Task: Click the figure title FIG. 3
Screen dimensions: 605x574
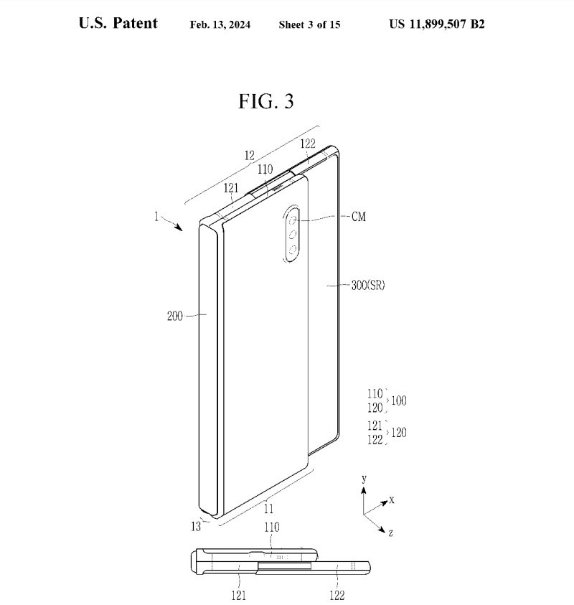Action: coord(265,101)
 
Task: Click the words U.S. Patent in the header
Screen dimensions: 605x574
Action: coord(118,23)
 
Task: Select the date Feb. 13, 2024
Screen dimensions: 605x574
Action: coord(220,24)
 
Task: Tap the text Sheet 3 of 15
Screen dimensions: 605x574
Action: coord(309,24)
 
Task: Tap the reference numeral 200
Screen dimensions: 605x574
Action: coord(175,315)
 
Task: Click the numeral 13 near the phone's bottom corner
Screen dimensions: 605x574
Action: coord(196,527)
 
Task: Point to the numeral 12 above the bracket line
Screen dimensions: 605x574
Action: coord(249,155)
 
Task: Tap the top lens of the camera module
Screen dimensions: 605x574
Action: coord(292,217)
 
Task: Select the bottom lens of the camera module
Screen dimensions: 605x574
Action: coord(292,249)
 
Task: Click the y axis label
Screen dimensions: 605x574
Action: coord(364,478)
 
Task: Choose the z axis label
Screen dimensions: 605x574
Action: coord(390,534)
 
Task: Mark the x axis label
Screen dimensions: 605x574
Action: coord(392,499)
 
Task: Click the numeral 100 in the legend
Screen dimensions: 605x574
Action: coord(399,400)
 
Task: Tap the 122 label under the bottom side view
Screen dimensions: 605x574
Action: coord(337,595)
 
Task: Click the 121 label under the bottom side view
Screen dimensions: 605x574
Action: coord(239,595)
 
